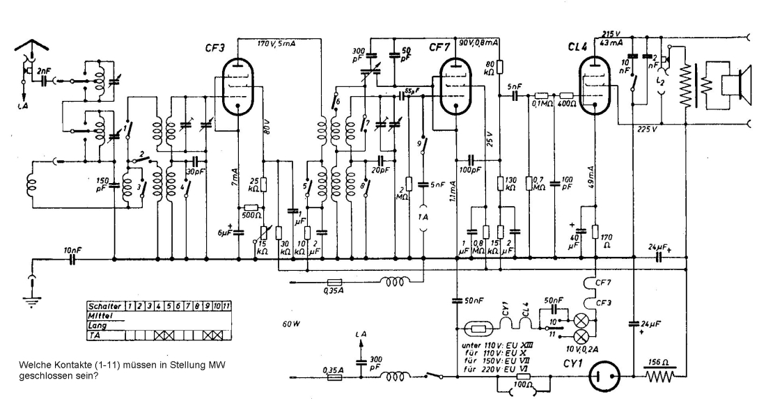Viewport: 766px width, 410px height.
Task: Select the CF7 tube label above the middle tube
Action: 439,47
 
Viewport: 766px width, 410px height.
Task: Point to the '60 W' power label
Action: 292,324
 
